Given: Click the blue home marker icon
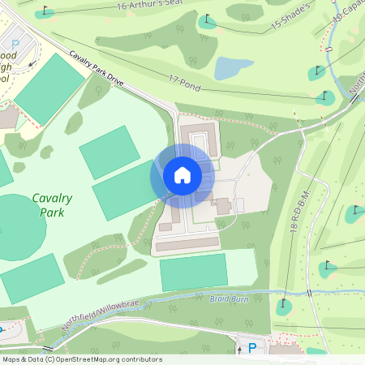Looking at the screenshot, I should point(182,175).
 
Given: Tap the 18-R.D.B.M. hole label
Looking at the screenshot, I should point(294,230).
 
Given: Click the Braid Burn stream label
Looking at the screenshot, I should point(228,298).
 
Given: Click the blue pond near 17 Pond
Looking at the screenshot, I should point(234,67).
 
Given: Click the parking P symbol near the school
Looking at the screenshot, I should point(15,45).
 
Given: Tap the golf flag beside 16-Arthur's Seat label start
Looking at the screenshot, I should point(45,11).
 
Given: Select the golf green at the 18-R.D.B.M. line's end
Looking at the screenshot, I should point(283,307).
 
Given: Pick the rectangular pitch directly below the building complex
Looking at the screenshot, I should point(194,273).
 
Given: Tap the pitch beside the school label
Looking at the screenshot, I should point(49,88).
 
